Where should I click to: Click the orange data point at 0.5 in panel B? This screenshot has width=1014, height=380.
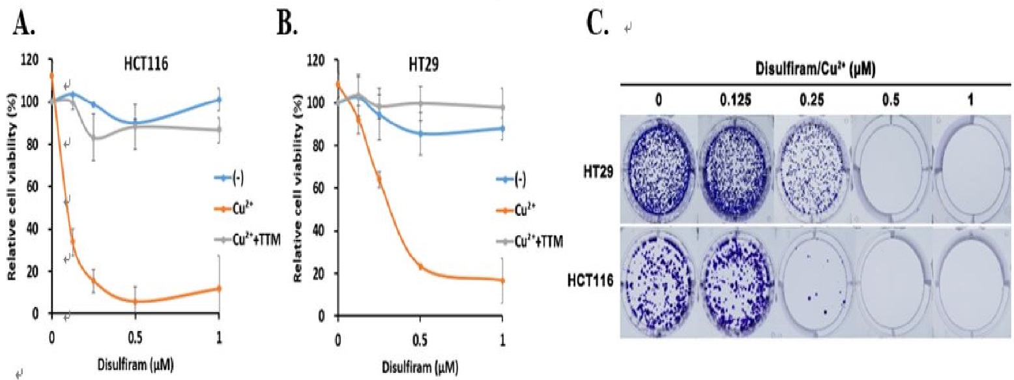pyautogui.click(x=420, y=267)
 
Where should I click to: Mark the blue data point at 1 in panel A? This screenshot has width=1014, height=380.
pyautogui.click(x=219, y=100)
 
